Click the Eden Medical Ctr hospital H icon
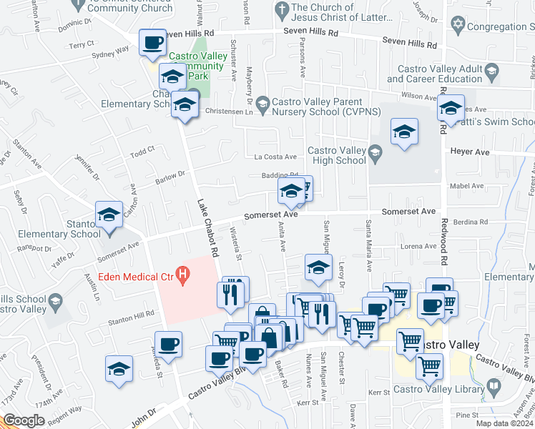184,273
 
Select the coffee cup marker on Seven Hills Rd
152,44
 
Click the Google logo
24,420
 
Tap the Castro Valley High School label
337,155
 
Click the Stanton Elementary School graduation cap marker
109,214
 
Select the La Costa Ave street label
275,157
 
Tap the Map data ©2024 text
506,423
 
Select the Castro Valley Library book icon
493,389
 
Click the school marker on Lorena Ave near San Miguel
318,267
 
